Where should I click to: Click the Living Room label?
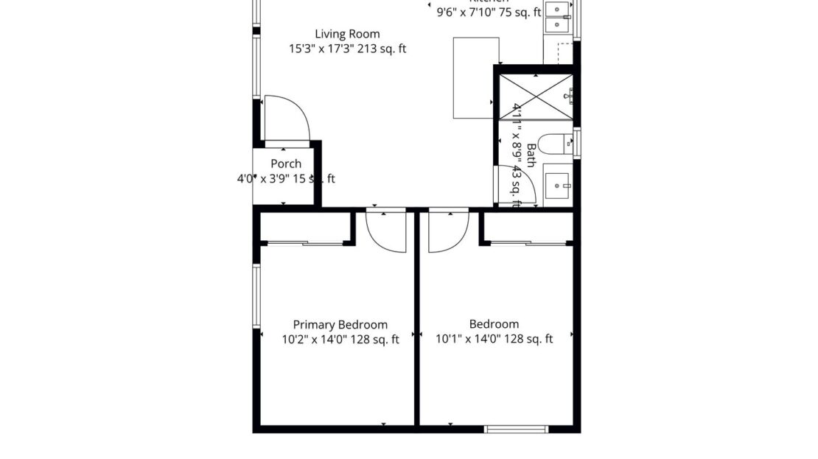pos(347,34)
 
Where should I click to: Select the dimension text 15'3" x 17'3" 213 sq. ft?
pos(347,49)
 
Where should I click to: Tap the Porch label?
pos(286,164)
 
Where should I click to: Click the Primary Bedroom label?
pos(340,325)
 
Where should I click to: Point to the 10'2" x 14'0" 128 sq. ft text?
pos(340,340)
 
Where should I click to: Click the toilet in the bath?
pos(551,143)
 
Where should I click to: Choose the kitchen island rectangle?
pos(475,78)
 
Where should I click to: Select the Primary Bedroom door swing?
pos(386,230)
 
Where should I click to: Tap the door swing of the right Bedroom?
pos(447,230)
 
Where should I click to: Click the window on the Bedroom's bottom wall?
pos(516,429)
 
